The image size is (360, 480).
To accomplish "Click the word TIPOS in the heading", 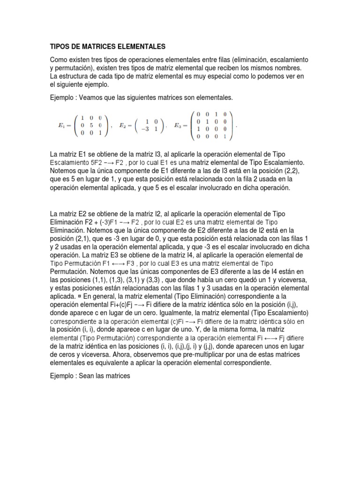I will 60,47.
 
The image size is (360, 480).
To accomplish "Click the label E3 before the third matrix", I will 180,126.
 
